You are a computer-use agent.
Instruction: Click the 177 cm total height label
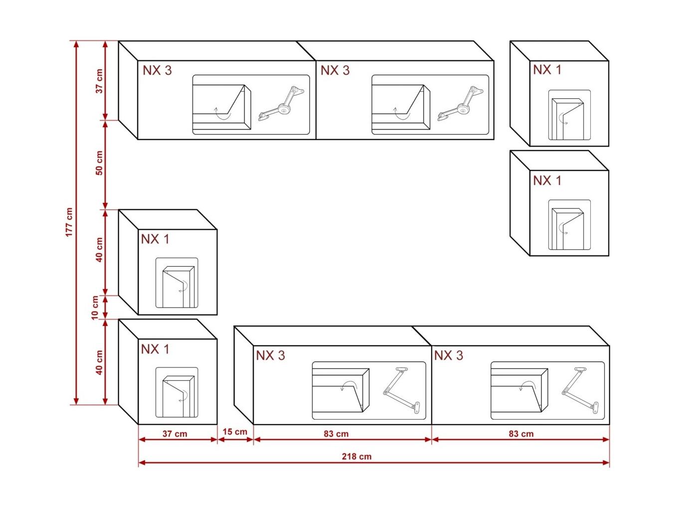click(69, 222)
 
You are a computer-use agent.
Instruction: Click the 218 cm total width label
click(356, 456)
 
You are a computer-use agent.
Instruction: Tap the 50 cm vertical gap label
click(99, 163)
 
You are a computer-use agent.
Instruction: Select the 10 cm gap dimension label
click(95, 308)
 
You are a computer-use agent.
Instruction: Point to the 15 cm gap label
click(235, 432)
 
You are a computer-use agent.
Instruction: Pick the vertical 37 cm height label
click(99, 81)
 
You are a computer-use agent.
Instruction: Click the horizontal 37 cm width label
click(174, 434)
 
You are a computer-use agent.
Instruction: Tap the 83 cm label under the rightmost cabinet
click(521, 434)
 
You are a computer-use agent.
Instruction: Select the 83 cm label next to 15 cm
click(336, 434)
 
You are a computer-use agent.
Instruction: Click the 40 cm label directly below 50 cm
click(99, 249)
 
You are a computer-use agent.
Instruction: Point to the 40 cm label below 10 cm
click(99, 362)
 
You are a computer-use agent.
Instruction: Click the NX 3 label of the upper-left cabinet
click(157, 70)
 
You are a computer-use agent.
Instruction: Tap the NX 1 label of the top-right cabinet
click(547, 70)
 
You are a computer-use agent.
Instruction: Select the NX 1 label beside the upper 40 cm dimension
click(155, 239)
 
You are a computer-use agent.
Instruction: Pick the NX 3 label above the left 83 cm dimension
click(270, 355)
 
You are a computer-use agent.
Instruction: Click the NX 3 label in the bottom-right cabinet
click(448, 355)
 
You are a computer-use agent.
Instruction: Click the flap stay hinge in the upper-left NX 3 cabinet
click(281, 104)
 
